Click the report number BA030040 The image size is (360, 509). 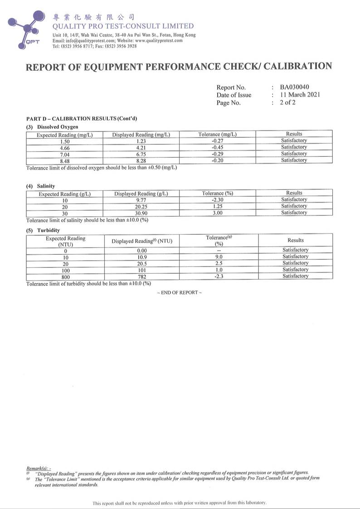click(295, 87)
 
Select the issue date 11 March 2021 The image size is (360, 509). click(300, 95)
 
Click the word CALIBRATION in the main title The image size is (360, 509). click(297, 66)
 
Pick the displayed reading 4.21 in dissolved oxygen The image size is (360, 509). click(141, 147)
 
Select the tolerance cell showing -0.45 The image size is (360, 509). click(218, 147)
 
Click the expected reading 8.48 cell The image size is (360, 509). click(64, 160)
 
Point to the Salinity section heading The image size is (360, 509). click(46, 186)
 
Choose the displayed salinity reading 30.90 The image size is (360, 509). click(141, 213)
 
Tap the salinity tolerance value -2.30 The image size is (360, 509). click(217, 200)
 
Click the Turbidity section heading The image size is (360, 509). click(48, 230)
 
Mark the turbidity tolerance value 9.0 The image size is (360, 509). click(219, 257)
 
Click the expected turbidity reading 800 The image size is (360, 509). click(65, 276)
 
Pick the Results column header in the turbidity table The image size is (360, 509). click(296, 240)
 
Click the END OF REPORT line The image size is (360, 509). click(179, 293)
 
